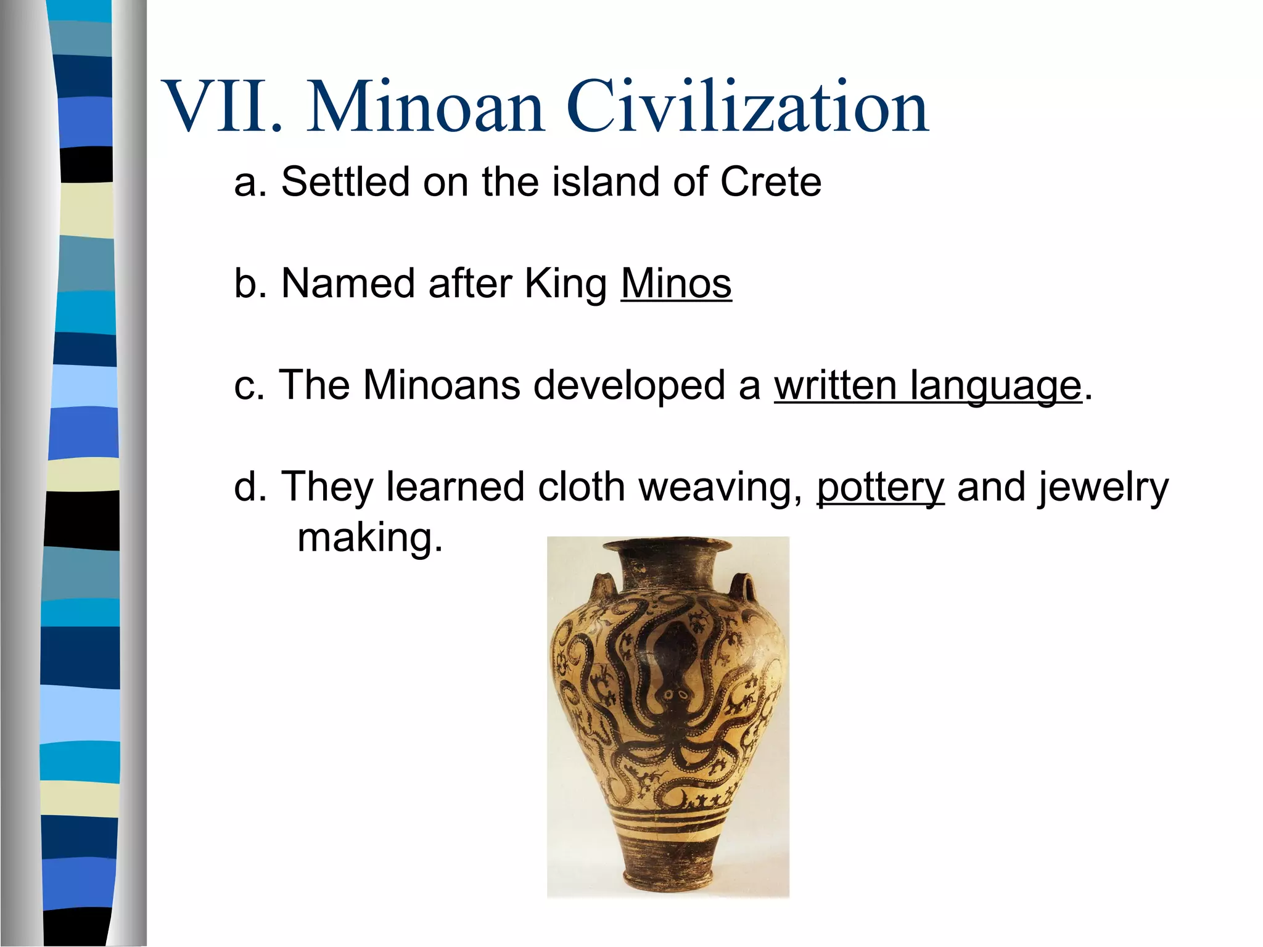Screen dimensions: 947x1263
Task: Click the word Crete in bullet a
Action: click(x=770, y=182)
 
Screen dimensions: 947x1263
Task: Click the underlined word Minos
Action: click(x=676, y=284)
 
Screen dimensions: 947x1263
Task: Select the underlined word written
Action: click(x=835, y=385)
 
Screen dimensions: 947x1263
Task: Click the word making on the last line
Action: click(x=370, y=539)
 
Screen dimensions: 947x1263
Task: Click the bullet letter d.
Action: click(x=245, y=487)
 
